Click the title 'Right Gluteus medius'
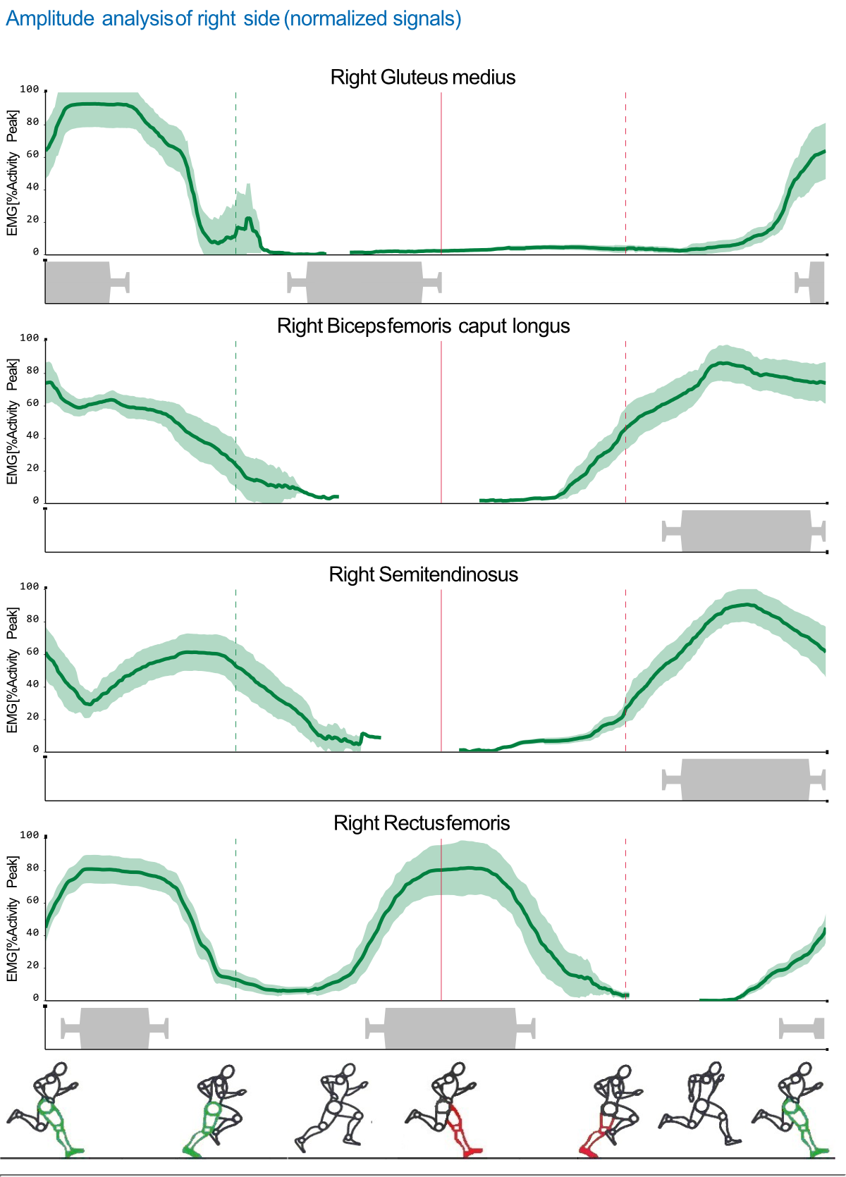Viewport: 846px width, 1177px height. [x=423, y=78]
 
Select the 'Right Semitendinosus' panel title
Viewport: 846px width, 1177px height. [x=423, y=574]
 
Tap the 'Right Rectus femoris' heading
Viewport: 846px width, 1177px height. [x=422, y=823]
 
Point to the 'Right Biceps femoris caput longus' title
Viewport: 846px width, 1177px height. [x=423, y=326]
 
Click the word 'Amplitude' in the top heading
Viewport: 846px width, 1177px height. [x=50, y=18]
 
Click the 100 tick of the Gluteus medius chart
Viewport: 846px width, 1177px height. [x=30, y=90]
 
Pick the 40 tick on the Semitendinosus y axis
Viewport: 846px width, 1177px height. [x=32, y=684]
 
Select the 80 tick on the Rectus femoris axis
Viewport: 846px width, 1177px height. [x=32, y=868]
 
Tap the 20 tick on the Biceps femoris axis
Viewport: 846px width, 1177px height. [x=32, y=469]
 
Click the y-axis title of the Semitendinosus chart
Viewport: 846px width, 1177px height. [x=12, y=670]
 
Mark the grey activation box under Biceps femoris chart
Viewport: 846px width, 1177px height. [x=746, y=531]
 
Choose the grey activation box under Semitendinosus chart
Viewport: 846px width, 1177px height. [x=745, y=779]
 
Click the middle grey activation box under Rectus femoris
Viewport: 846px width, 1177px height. [x=450, y=1028]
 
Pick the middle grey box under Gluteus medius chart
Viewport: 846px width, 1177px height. [x=364, y=282]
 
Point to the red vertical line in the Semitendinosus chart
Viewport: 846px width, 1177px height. [x=441, y=670]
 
